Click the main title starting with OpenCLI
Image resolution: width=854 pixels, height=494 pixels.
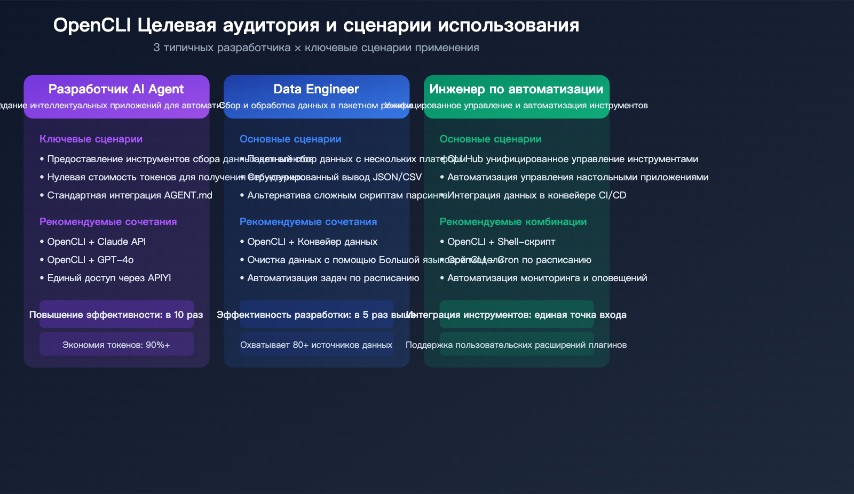(x=316, y=25)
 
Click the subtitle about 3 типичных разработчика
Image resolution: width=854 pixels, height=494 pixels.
(x=316, y=47)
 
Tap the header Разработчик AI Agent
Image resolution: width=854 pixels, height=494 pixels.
(x=116, y=89)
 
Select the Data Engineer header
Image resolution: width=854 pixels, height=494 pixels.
(x=316, y=89)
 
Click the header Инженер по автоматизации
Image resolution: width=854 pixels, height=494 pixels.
(x=516, y=89)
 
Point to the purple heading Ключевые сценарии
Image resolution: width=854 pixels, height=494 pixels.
(x=91, y=139)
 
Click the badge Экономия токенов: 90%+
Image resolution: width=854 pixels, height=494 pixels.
(x=116, y=345)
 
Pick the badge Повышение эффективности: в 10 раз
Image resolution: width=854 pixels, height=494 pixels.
(x=116, y=315)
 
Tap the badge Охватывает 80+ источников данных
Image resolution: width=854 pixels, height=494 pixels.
(x=316, y=345)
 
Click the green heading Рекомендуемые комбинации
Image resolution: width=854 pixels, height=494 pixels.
(x=513, y=222)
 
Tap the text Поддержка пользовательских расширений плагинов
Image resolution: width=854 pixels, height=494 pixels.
(x=516, y=345)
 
